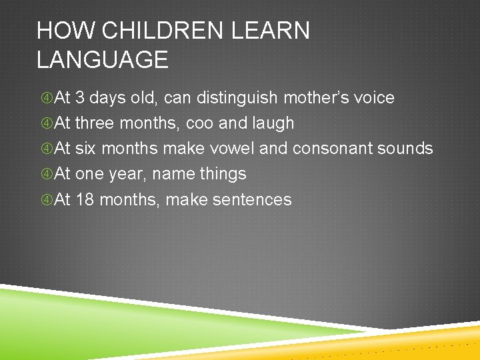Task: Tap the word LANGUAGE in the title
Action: point(103,60)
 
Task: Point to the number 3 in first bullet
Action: point(80,98)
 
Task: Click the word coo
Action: point(201,123)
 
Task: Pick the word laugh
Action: point(269,123)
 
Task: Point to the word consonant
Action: point(331,149)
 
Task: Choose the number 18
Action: point(85,199)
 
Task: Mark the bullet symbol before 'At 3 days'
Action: point(46,99)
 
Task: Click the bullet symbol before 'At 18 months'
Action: point(46,200)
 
